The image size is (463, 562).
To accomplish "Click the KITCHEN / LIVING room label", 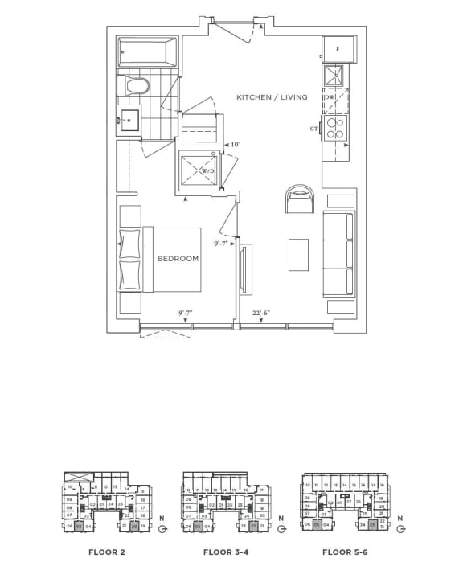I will (x=272, y=97).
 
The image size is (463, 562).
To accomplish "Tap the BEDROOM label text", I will (x=177, y=259).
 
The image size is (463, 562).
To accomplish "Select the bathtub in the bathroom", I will (x=148, y=52).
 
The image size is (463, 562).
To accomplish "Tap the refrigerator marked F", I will (x=338, y=49).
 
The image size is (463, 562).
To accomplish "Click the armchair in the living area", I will (x=301, y=199).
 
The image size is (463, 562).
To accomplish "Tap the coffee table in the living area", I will (x=298, y=256).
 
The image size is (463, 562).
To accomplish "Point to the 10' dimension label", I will (x=235, y=145).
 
